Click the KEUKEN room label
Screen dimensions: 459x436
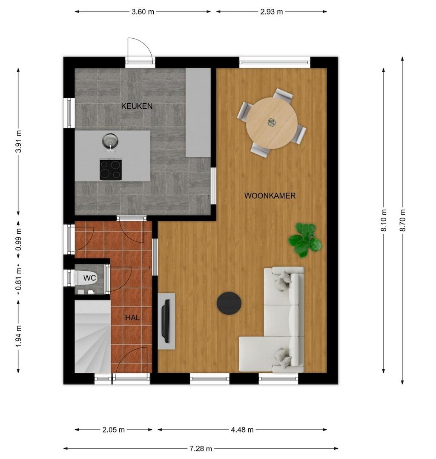click(x=137, y=106)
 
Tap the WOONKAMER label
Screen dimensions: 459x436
click(x=270, y=196)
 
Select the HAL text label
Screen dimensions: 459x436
click(x=132, y=317)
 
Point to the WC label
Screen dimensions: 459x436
click(x=89, y=278)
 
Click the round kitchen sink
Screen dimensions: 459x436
click(x=110, y=140)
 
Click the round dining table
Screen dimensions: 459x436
click(x=272, y=123)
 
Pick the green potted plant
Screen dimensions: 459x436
click(x=305, y=240)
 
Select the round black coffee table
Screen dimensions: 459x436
click(x=229, y=303)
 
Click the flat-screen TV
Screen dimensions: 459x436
click(x=166, y=321)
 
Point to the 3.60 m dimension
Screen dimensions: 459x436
click(x=143, y=12)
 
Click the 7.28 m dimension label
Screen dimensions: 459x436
click(x=201, y=448)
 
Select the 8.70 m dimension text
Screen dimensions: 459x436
click(x=402, y=220)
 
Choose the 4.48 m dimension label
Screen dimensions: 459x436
click(x=242, y=430)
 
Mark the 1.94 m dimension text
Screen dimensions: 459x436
click(x=19, y=336)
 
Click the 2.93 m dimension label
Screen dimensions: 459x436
click(x=271, y=12)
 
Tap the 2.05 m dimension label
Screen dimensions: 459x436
click(x=113, y=430)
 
